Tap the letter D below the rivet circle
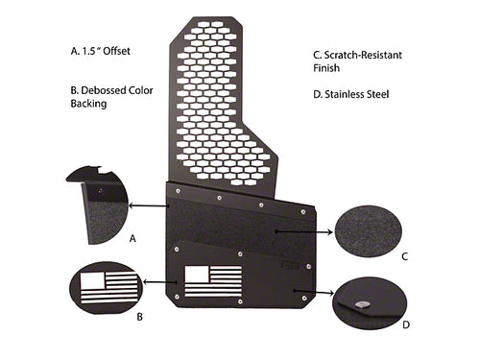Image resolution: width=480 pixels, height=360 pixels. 406,324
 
